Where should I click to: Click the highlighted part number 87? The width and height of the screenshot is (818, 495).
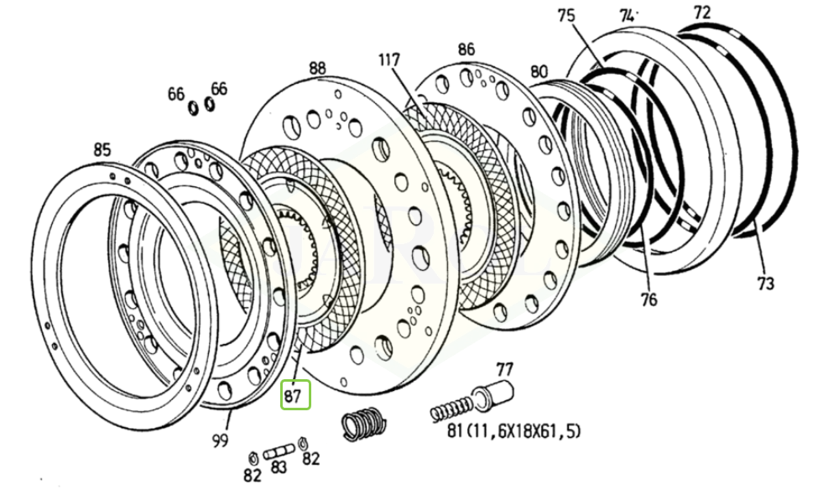point(294,395)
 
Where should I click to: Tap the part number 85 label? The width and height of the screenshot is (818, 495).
point(101,151)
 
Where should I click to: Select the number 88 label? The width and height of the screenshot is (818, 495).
point(317,67)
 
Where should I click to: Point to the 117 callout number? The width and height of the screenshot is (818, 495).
point(389,60)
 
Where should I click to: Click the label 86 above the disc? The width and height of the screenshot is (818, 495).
point(466,50)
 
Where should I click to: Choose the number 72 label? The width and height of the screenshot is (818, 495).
point(701,13)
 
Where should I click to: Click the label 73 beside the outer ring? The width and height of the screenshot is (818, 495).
point(765,284)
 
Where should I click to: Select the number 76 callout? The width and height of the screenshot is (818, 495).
point(649,300)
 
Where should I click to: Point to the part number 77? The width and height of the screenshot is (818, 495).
point(504,368)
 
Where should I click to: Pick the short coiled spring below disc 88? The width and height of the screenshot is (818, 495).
point(364,422)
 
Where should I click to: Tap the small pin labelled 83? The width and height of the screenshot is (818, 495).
point(279,451)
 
